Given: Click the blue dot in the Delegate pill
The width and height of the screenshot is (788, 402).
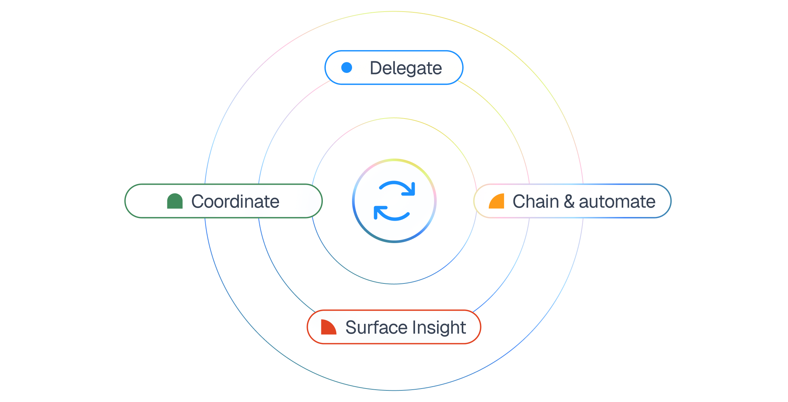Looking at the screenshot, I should (x=347, y=68).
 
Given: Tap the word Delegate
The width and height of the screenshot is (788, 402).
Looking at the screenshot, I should (x=406, y=68).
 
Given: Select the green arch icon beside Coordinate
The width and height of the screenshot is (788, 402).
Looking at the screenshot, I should (x=175, y=201).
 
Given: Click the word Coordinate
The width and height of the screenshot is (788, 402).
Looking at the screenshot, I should (x=235, y=202).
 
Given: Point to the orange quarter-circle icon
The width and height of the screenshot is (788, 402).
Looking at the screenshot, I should (x=497, y=201).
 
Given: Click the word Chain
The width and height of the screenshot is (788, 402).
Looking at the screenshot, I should (x=536, y=202).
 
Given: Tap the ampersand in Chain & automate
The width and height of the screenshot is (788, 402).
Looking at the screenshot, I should (x=569, y=202).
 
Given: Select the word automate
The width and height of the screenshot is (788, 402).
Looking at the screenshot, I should (x=617, y=202).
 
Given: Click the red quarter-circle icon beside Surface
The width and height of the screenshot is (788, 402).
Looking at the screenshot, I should (x=328, y=327).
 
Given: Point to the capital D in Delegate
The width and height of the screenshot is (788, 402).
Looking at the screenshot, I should (x=376, y=68).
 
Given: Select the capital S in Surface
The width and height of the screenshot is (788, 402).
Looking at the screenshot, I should (x=351, y=327).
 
